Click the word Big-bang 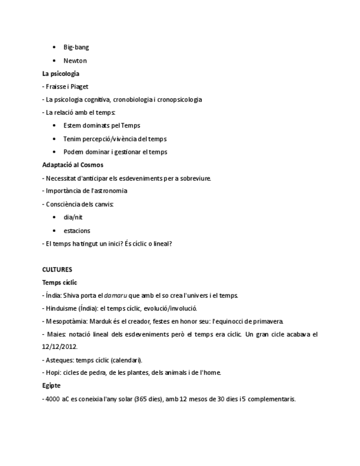76,47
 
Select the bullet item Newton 75,60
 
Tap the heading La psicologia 60,74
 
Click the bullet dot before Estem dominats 54,126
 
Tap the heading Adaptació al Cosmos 73,165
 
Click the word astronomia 109,191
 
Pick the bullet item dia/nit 73,217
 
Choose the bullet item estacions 76,231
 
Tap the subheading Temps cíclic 59,282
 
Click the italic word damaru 115,296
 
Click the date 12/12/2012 59,347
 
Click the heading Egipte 51,386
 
